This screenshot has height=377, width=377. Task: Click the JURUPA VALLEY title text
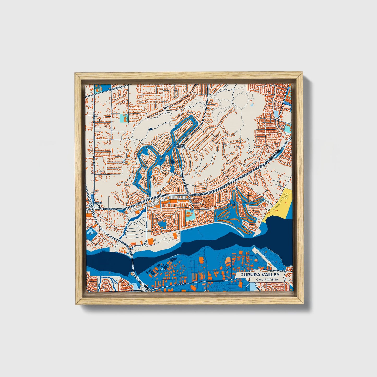[x=260, y=275]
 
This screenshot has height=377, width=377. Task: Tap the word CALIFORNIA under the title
[x=267, y=280]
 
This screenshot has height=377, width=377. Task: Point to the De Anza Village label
[x=180, y=146]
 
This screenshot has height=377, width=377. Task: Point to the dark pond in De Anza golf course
[x=172, y=163]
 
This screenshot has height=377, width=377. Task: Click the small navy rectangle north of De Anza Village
[x=150, y=129]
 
